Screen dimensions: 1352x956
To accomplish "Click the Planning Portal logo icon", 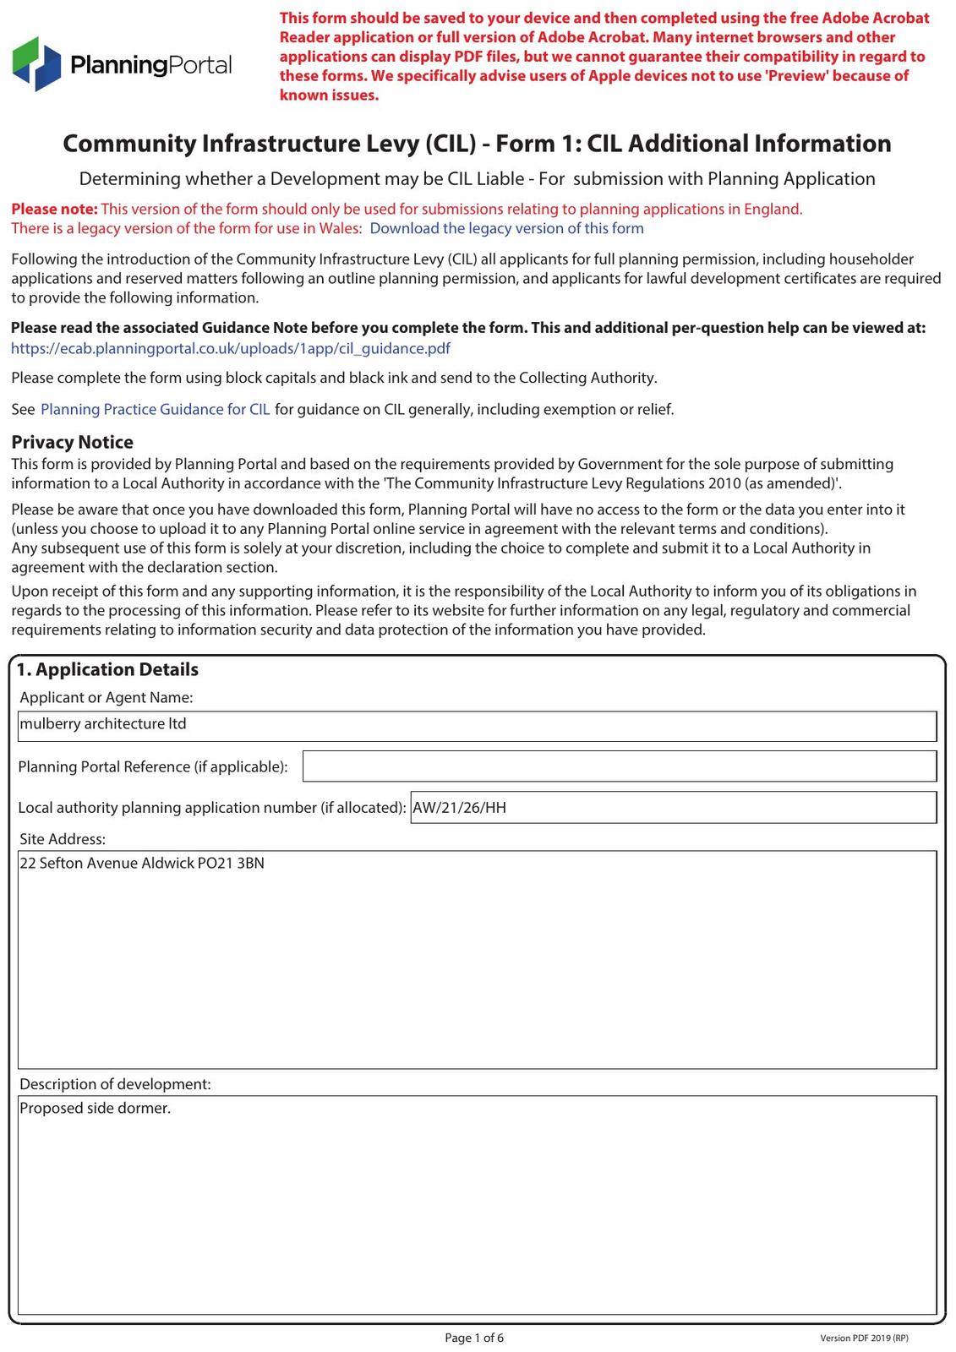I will click(x=37, y=63).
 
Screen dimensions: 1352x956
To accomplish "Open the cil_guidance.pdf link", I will click(x=230, y=348).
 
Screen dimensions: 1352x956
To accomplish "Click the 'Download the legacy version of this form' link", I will click(x=506, y=228).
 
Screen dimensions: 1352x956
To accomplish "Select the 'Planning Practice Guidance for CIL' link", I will click(x=156, y=409).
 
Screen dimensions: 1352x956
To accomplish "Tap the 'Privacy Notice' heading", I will click(x=72, y=442).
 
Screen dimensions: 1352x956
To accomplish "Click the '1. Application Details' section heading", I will click(x=107, y=669).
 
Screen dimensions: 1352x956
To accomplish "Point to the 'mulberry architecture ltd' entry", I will click(x=103, y=724).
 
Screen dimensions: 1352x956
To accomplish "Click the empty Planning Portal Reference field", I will click(x=619, y=766).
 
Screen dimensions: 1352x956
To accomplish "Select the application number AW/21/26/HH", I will click(x=460, y=807).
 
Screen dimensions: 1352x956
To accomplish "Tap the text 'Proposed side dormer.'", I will click(x=95, y=1108).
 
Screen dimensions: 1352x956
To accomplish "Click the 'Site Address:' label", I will click(x=63, y=839).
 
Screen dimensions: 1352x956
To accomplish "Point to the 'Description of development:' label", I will click(x=115, y=1084).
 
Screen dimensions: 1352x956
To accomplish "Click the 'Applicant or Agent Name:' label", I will click(x=107, y=697).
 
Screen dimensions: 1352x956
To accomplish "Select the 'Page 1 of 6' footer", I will click(x=474, y=1338).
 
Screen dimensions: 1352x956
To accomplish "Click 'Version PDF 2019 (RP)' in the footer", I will click(x=864, y=1338).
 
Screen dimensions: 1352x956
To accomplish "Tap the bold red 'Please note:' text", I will click(x=54, y=209).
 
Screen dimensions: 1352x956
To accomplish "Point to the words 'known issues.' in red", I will click(x=330, y=95).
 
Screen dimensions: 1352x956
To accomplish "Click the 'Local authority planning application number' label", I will click(x=211, y=807).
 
